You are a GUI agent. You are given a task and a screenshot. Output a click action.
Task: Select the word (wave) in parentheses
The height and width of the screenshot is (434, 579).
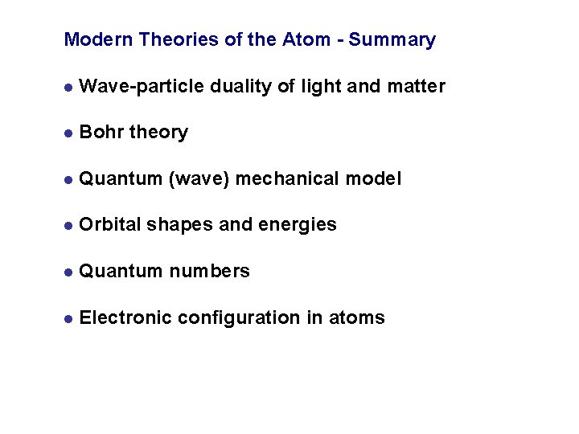[x=199, y=179]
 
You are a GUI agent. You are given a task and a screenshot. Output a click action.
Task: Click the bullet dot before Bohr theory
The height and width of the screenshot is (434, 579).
[x=70, y=133]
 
